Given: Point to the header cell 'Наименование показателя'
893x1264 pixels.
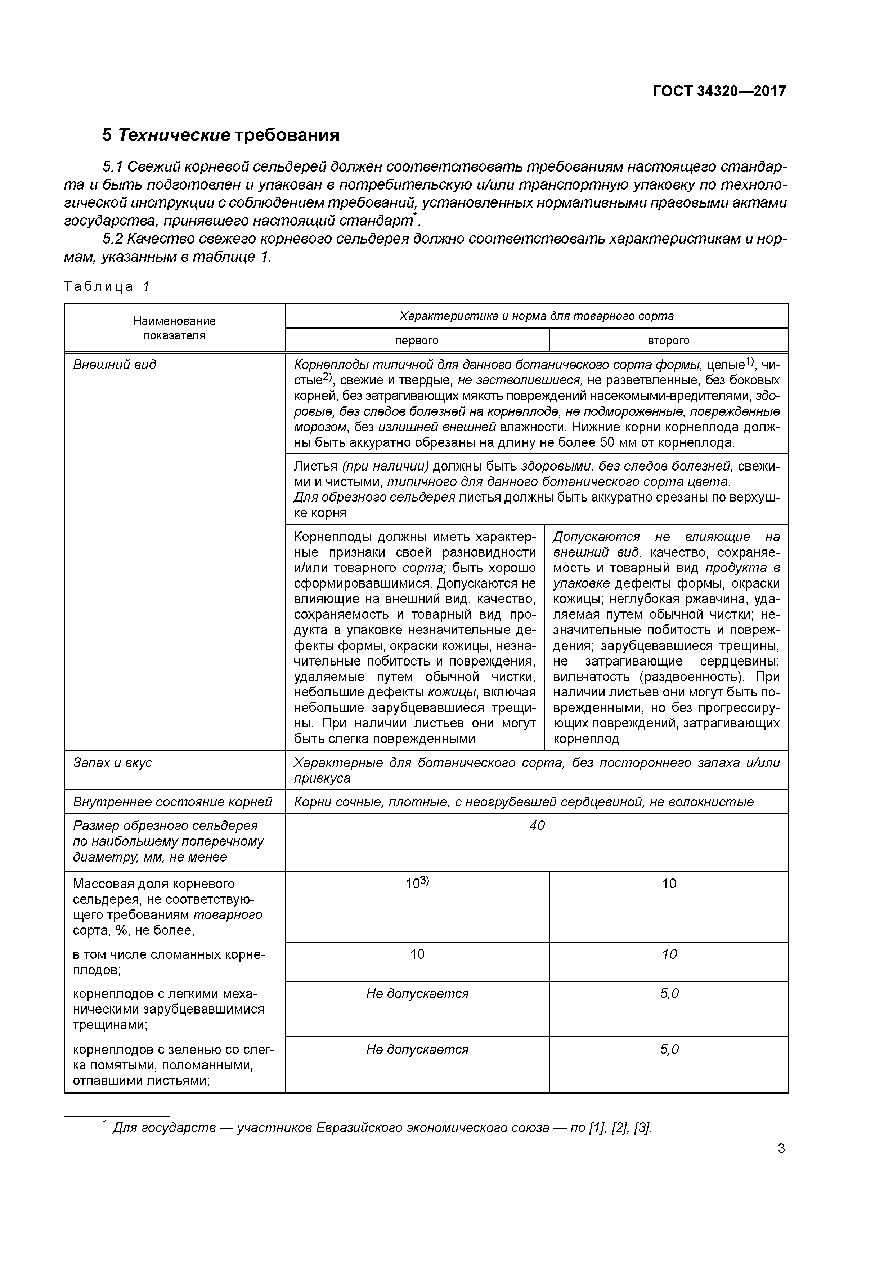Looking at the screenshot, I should pos(174,328).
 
